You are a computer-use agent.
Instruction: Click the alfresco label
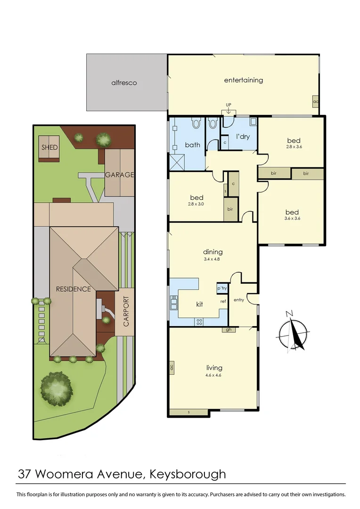[x=124, y=83]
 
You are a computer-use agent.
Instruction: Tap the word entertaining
[x=243, y=80]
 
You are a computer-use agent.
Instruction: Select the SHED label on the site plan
[x=49, y=148]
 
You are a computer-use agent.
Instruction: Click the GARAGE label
[x=119, y=175]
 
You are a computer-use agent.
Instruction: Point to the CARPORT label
[x=126, y=312]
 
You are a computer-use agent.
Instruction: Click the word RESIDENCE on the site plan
[x=73, y=289]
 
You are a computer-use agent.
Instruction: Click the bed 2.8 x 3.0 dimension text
[x=196, y=204]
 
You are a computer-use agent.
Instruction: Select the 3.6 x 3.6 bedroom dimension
[x=292, y=219]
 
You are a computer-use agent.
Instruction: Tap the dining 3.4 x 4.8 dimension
[x=213, y=259]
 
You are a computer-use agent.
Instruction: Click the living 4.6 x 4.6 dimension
[x=213, y=375]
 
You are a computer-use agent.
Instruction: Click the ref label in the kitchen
[x=223, y=301]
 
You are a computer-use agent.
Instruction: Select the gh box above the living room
[x=229, y=329]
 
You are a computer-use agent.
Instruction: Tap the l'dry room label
[x=242, y=137]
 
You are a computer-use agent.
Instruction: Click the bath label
[x=192, y=145]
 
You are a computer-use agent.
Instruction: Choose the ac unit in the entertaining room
[x=315, y=101]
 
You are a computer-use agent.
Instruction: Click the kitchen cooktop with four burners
[x=199, y=322]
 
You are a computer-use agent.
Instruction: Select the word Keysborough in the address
[x=188, y=473]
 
